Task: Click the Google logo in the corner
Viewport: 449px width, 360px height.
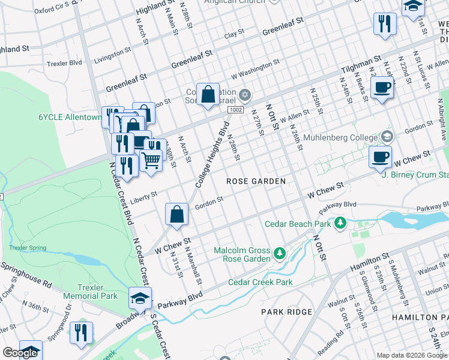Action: tap(20, 353)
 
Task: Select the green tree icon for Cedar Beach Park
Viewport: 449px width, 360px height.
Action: tap(341, 223)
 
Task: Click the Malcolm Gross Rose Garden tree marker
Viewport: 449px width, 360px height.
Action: tap(279, 254)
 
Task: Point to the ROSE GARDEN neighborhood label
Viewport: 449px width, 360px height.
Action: tap(255, 181)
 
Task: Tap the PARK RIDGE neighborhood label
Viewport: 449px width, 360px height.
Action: tap(286, 312)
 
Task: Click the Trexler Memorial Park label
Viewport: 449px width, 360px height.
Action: tap(97, 292)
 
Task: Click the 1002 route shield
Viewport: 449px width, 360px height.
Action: tap(235, 110)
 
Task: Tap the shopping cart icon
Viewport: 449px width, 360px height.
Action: tap(151, 161)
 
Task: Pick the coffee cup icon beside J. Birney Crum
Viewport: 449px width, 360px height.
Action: tap(379, 157)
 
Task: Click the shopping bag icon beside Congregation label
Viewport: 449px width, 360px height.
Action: tap(207, 94)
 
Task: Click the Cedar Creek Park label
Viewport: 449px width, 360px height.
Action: tap(260, 282)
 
